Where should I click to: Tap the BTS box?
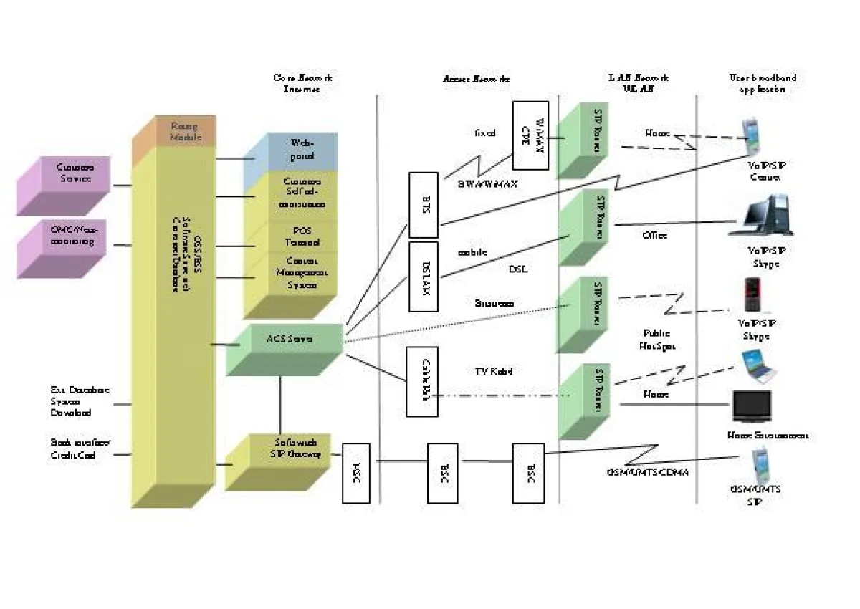(x=423, y=204)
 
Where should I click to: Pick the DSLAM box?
(x=423, y=277)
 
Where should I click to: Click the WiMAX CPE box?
(x=530, y=135)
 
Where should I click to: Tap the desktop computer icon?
(x=763, y=217)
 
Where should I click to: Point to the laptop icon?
(x=756, y=366)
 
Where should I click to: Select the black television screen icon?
(x=752, y=406)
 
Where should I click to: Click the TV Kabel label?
(x=494, y=371)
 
